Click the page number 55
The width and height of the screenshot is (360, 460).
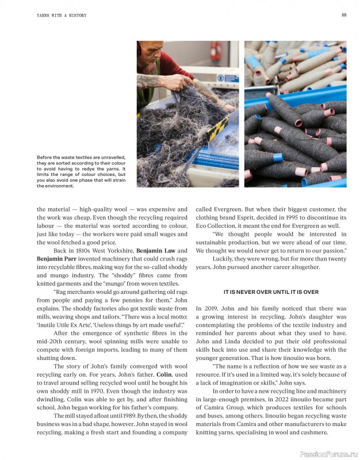tap(343, 15)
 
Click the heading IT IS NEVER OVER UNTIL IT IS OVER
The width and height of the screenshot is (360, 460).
tap(271, 292)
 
